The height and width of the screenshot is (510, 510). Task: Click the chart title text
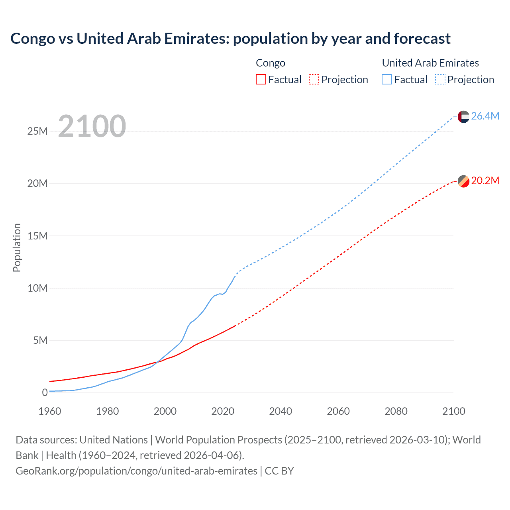(230, 39)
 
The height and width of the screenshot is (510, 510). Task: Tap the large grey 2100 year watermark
(92, 126)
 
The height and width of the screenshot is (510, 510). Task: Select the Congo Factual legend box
(261, 79)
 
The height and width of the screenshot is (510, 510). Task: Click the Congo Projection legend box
(314, 79)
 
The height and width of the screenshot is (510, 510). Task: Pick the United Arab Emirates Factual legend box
(387, 79)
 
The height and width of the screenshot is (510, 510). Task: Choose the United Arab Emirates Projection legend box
(440, 79)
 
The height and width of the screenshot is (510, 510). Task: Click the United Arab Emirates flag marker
(463, 116)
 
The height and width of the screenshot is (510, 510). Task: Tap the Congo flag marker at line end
(463, 181)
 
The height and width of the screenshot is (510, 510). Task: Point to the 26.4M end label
(485, 116)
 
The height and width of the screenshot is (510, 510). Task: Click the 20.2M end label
(485, 180)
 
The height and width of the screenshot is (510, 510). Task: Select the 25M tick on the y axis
(37, 131)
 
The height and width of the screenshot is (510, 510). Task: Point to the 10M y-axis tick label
(37, 288)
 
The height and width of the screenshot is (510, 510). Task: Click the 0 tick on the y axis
(45, 392)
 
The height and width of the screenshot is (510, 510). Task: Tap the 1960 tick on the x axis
(50, 411)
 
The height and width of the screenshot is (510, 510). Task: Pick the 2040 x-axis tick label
(280, 411)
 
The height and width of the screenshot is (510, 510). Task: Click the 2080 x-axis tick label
(396, 411)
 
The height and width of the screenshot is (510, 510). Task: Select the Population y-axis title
(17, 247)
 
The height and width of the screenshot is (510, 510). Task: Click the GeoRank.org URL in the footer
(136, 471)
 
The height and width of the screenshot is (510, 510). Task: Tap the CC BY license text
(279, 471)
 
